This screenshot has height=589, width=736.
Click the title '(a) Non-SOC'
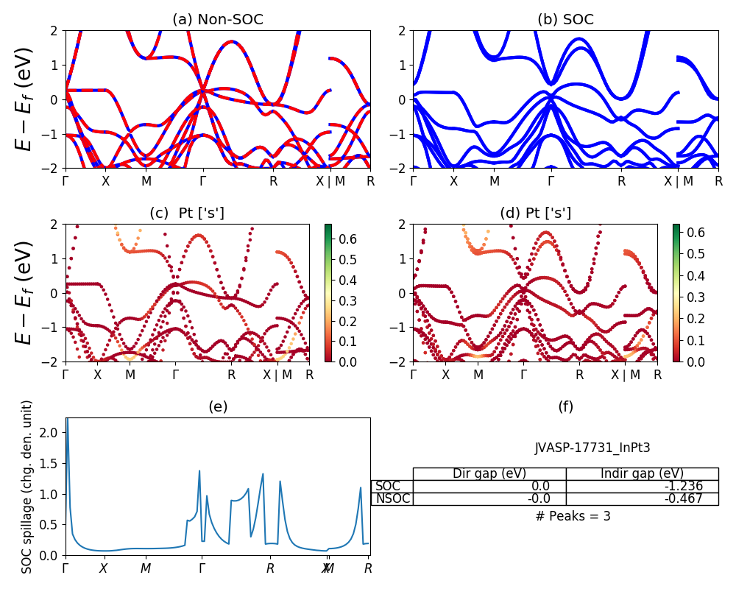pyautogui.click(x=217, y=20)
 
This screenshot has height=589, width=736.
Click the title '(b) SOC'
pyautogui.click(x=565, y=20)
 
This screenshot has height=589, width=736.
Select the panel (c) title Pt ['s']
pyautogui.click(x=187, y=214)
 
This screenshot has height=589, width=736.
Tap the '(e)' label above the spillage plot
pyautogui.click(x=217, y=407)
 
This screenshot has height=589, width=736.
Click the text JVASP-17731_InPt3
pyautogui.click(x=592, y=448)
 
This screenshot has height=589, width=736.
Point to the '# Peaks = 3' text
pyautogui.click(x=573, y=516)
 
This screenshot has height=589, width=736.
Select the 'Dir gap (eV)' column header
pyautogui.click(x=489, y=473)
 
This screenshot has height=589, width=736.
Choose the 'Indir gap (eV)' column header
pyautogui.click(x=642, y=473)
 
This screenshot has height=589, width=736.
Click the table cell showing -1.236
pyautogui.click(x=642, y=486)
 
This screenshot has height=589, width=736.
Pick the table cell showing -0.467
pyautogui.click(x=642, y=498)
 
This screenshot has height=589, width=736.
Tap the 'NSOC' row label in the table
pyautogui.click(x=392, y=498)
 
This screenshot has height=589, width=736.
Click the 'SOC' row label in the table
pyautogui.click(x=388, y=486)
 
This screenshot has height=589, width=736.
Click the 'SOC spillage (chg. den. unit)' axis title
pyautogui.click(x=27, y=487)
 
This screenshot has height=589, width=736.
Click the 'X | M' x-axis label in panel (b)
pyautogui.click(x=677, y=180)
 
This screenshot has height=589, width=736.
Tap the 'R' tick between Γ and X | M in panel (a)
pyautogui.click(x=273, y=180)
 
